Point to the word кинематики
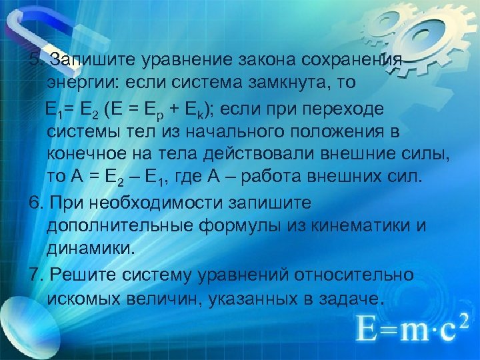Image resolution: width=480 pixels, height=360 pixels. tap(360, 225)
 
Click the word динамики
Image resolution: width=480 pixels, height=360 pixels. tap(91, 249)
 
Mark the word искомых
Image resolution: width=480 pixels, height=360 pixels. tap(83, 298)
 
